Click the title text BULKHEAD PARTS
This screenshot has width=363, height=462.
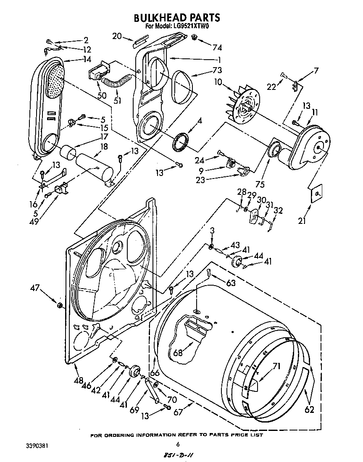pos(177,18)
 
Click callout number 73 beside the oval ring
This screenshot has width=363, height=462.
pos(217,70)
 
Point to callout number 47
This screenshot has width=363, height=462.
pos(35,288)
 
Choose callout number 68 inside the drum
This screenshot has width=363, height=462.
pos(178,353)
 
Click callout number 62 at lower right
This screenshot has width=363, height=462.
pos(309,409)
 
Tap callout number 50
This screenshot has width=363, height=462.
pos(102,96)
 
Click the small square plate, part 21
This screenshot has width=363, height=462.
pos(318,192)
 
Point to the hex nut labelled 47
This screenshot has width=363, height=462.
pos(60,304)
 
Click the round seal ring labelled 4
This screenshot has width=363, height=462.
pos(181,142)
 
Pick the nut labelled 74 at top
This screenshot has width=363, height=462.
pos(194,38)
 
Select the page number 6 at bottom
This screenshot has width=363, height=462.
pos(178,444)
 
